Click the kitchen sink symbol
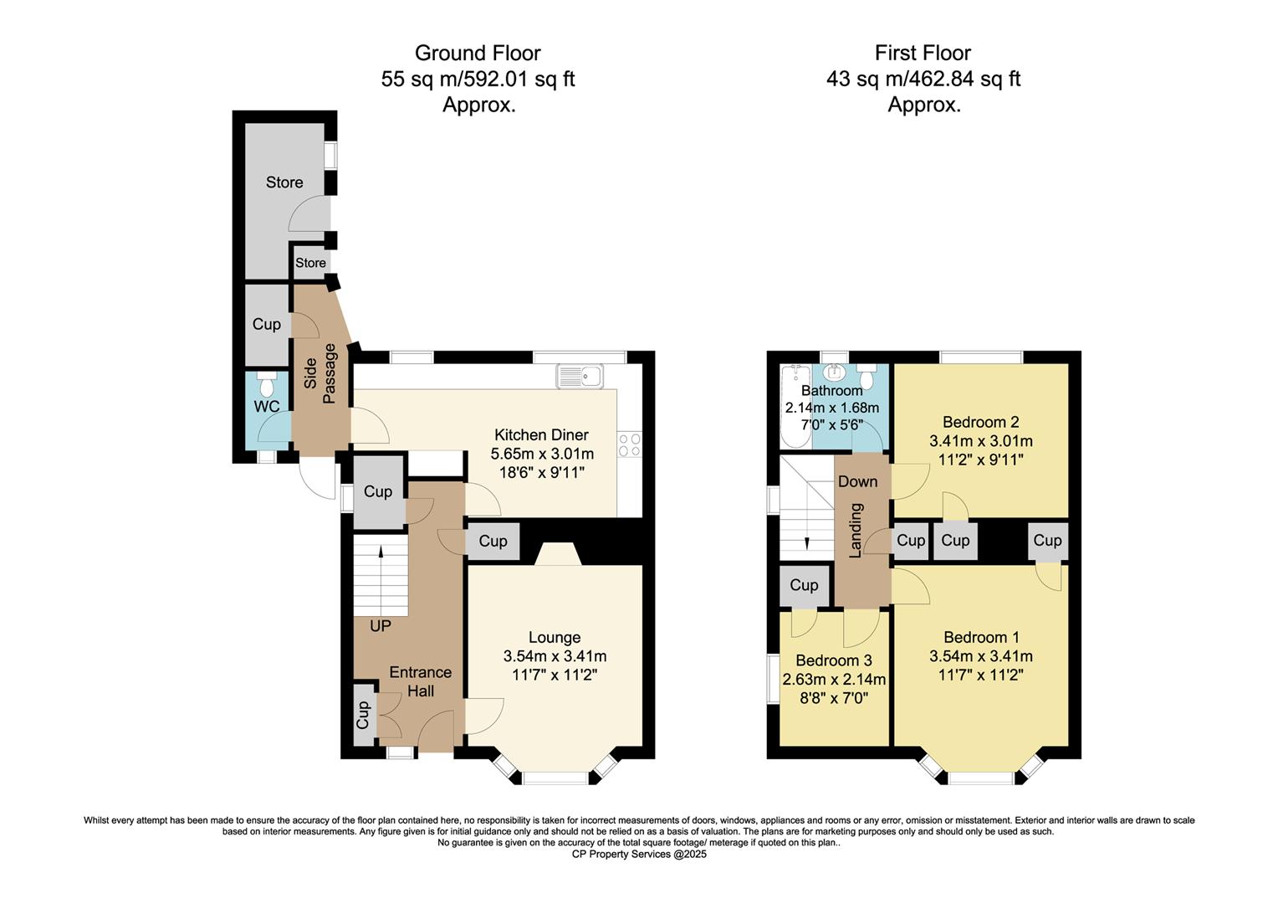point(579,377)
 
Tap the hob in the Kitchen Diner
point(629,444)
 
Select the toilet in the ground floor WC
point(267,385)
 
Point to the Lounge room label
point(555,637)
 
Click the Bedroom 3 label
point(834,660)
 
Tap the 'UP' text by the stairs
point(381,625)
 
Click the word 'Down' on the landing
point(858,481)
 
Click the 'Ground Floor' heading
point(478,54)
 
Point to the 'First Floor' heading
point(923,54)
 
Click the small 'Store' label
point(310,263)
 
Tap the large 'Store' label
point(284,182)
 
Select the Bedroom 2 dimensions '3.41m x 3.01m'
point(981,441)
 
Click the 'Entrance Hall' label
point(420,681)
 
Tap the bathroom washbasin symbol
point(833,373)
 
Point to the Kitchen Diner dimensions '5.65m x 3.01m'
point(542,454)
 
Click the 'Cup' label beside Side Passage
point(267,324)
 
